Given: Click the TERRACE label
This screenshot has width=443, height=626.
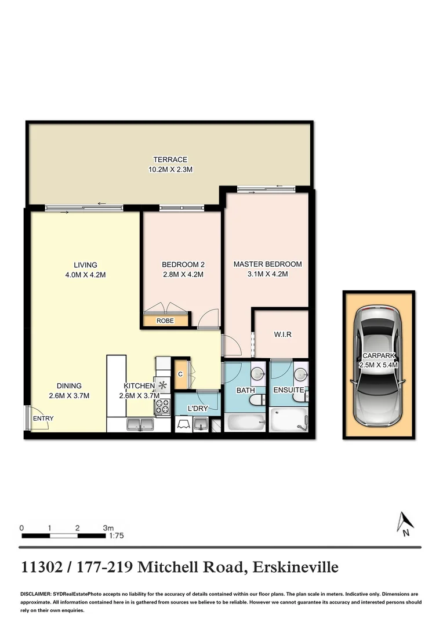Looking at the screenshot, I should [170, 159].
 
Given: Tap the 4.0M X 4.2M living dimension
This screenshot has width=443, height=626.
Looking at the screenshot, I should [85, 275].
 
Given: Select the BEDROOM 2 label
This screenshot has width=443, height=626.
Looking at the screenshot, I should [183, 264].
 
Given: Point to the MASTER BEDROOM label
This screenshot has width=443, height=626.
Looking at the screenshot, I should [267, 264].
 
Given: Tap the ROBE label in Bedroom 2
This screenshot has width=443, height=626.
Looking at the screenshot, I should [165, 320].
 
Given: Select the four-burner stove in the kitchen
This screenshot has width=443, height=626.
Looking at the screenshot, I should [162, 406].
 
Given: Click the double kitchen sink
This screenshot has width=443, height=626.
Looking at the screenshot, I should [139, 425].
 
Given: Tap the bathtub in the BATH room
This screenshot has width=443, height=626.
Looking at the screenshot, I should [245, 422].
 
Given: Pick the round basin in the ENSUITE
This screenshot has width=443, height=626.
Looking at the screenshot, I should [300, 373].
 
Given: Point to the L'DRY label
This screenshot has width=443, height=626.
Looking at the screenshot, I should [198, 409].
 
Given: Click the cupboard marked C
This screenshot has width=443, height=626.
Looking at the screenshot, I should [181, 374].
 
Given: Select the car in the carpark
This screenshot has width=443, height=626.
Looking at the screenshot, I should [379, 365].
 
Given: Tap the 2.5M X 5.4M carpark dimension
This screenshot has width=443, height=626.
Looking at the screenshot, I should [379, 366].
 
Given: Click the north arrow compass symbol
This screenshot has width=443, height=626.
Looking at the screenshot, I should [404, 523].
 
